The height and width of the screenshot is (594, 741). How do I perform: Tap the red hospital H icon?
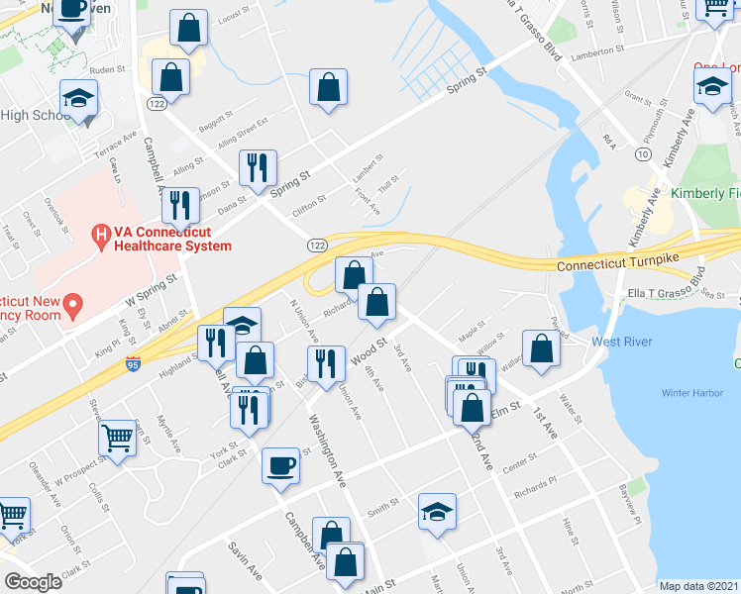point(99,236)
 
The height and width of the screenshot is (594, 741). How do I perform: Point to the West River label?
point(621,342)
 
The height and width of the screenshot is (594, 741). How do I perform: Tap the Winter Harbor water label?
point(692,394)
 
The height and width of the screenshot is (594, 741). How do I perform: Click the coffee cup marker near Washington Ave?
point(280,465)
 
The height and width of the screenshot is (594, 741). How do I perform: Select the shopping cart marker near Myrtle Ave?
point(117,438)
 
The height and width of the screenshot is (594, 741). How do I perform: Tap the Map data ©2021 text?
point(699,586)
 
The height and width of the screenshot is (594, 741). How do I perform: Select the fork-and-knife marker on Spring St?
point(257,168)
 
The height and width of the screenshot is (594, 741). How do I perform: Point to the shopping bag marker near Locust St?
point(188,29)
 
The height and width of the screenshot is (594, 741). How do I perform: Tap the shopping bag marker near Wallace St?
point(541,350)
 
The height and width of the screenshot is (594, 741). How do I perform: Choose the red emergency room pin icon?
point(72,306)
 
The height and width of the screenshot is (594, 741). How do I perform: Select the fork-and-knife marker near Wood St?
point(326,364)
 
